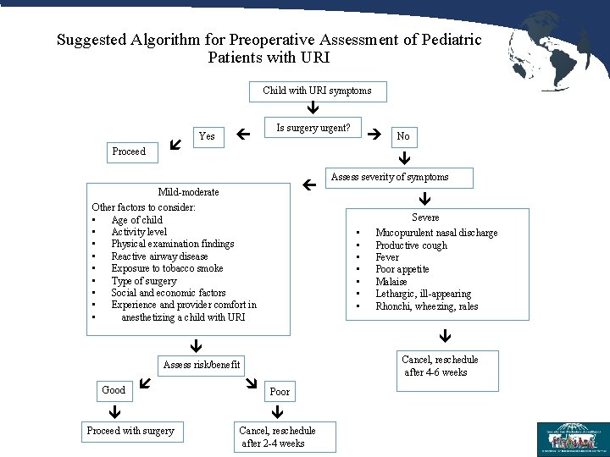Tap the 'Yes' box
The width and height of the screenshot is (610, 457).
[206, 136]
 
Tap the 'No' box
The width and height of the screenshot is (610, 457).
[403, 136]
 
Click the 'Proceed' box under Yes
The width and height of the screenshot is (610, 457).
[129, 152]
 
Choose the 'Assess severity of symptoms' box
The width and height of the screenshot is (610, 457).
[390, 177]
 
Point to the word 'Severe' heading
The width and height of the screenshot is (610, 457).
[425, 217]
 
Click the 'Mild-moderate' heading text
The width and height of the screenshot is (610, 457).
[188, 193]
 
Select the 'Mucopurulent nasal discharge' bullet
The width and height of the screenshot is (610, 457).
[436, 233]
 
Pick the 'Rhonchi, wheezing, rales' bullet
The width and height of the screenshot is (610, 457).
[426, 306]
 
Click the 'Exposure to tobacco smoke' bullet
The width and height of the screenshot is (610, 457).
[167, 268]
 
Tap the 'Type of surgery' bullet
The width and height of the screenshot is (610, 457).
[144, 281]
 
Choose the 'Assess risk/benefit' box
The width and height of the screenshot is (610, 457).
[202, 366]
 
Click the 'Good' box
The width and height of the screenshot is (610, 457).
[114, 391]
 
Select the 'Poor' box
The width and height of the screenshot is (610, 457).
[280, 392]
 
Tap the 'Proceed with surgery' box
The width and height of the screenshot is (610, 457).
[130, 431]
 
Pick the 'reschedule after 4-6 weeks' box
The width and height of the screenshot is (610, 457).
[440, 366]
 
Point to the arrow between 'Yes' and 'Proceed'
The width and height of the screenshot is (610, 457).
[175, 145]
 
